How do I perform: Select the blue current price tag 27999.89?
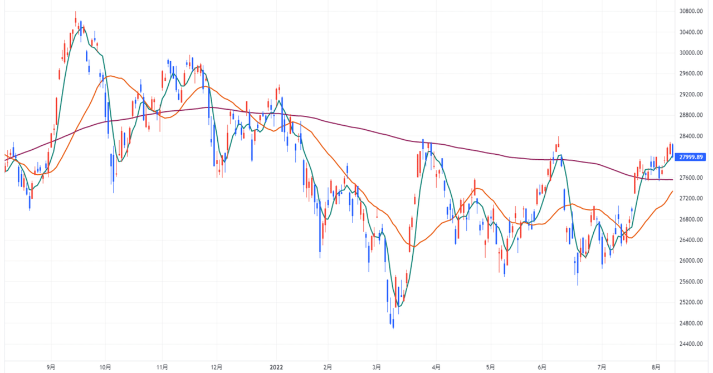689,157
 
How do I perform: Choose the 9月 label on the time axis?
51,367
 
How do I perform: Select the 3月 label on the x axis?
378,367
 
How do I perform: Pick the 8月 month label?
657,367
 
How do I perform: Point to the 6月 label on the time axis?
541,367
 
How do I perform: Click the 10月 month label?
105,367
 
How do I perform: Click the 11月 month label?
162,367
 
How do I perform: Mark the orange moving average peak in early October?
110,76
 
